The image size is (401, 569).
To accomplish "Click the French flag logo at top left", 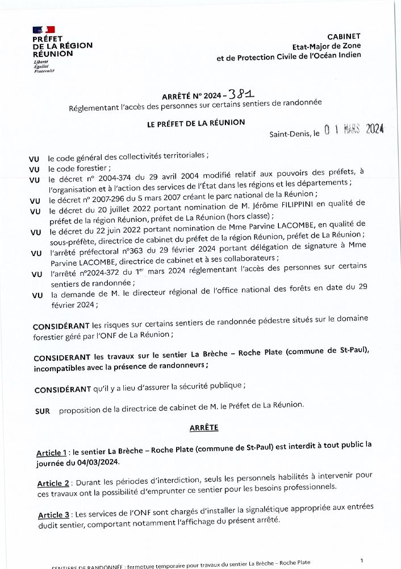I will [43, 29].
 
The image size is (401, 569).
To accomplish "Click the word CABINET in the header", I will [344, 36].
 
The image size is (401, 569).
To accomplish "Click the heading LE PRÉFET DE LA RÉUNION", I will [196, 123].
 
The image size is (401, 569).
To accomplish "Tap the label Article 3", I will [54, 515].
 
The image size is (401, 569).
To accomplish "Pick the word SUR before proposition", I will [42, 411].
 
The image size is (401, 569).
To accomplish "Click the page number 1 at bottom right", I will [361, 560].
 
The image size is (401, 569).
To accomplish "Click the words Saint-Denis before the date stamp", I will [289, 135].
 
